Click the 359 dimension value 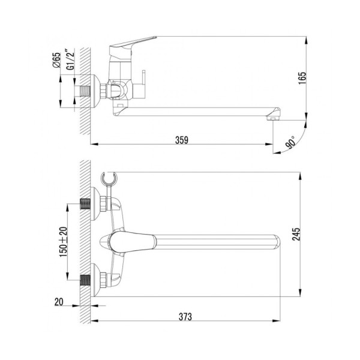point(182,140)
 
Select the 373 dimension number point(185,317)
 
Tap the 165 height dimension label point(302,78)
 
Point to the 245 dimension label point(296,234)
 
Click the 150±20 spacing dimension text point(64,242)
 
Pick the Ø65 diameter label point(56,60)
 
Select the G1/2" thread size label point(71,59)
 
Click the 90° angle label point(290,142)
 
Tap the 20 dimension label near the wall point(59,302)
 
